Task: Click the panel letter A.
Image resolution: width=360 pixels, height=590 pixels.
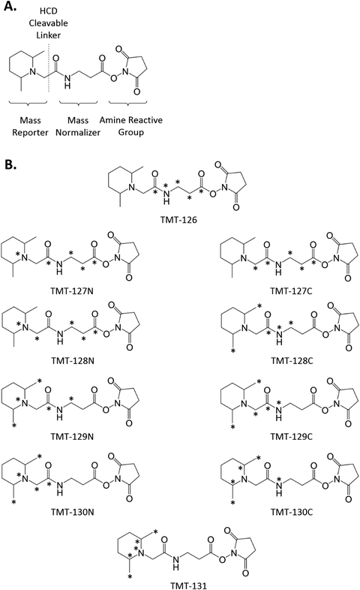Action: (10, 8)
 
